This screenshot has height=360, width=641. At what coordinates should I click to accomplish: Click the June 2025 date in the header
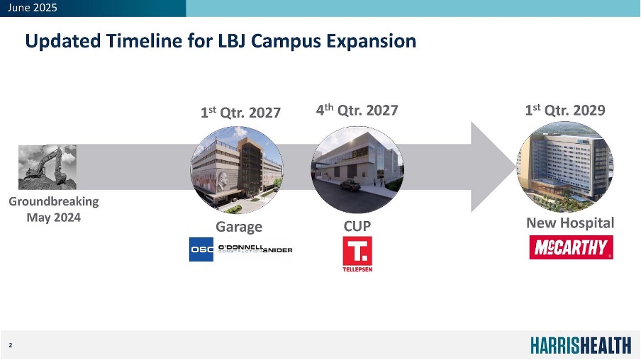click(33, 8)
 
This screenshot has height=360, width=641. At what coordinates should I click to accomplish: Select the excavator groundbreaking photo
click(48, 167)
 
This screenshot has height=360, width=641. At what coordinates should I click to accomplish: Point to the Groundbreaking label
click(54, 201)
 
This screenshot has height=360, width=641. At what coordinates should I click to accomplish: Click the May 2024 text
click(54, 218)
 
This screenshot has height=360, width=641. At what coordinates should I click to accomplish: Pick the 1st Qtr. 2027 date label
click(240, 112)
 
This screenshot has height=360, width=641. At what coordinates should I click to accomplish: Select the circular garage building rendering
click(237, 169)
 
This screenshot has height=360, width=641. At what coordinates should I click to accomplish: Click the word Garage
click(239, 227)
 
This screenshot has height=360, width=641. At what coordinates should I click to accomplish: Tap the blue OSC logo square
click(201, 249)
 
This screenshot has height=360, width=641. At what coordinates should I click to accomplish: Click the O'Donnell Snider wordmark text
click(255, 249)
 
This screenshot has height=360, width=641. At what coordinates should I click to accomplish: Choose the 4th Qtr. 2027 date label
click(357, 110)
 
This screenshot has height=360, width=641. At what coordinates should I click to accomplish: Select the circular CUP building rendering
click(357, 169)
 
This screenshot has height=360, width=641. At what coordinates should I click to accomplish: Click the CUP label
click(357, 226)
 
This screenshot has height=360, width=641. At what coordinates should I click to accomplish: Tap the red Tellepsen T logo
click(357, 254)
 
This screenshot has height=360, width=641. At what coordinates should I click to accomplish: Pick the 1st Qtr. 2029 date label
click(565, 110)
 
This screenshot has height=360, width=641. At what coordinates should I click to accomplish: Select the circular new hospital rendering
click(565, 167)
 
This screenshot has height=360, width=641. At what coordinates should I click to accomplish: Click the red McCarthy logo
click(571, 247)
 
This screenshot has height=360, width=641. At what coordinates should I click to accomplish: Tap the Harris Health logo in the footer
click(581, 345)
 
